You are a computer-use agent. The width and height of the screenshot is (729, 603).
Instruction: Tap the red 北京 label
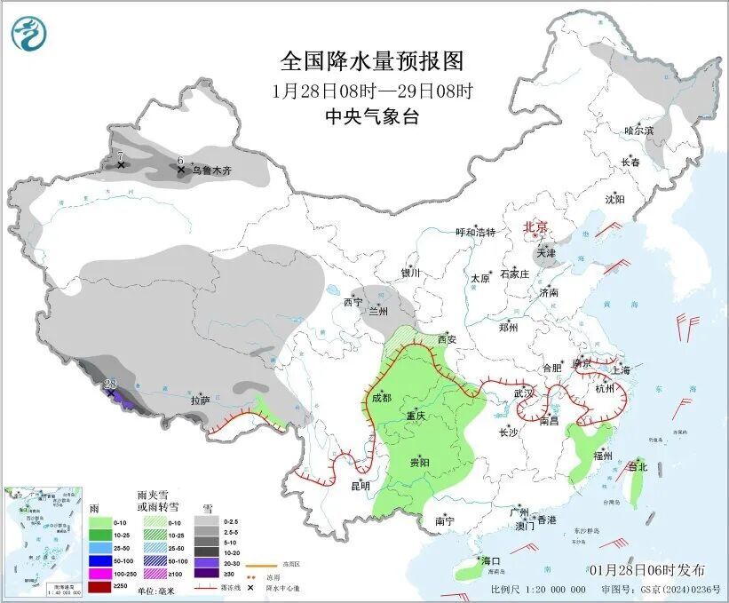(x=535, y=226)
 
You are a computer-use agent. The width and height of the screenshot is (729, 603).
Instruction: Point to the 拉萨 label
(x=200, y=401)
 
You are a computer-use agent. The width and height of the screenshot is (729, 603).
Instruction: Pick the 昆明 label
(x=360, y=485)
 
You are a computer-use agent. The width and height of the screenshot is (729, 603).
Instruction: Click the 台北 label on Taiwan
(x=638, y=466)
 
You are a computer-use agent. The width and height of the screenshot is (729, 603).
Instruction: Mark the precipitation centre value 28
(x=111, y=384)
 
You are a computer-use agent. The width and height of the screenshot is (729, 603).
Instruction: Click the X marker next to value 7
(x=121, y=165)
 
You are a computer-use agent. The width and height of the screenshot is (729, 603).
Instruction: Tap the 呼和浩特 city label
(x=475, y=232)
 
